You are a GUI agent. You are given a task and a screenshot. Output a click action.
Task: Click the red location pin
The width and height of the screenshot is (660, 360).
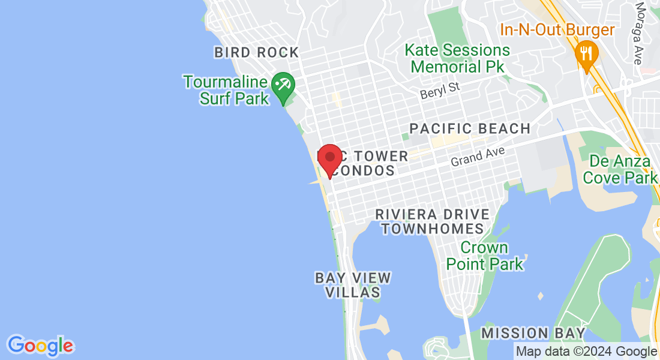329,158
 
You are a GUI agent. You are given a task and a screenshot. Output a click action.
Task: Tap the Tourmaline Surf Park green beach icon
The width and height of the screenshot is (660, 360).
282,85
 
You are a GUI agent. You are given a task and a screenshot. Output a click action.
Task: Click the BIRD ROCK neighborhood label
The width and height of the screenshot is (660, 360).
256,53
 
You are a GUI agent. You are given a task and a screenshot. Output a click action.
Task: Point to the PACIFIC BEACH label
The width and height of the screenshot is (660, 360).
470,128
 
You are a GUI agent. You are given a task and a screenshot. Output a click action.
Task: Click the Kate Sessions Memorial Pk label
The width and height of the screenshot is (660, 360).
457,58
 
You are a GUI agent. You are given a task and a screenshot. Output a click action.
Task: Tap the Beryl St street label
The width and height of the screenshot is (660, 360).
440,91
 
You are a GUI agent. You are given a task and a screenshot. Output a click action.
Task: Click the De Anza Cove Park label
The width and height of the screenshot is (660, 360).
620,169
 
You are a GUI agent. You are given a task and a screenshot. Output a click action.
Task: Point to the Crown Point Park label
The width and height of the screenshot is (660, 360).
484,256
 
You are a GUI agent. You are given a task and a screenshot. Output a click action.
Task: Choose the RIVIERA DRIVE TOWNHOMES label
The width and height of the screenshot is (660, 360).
432,221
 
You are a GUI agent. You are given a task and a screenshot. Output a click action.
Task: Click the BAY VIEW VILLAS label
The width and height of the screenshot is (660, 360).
353,285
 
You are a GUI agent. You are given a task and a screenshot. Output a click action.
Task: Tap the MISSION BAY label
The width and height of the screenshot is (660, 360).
533,333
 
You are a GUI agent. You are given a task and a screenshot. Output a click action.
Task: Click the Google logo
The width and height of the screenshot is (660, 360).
40,345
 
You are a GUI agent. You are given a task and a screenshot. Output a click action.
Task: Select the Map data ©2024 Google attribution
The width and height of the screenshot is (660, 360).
586,352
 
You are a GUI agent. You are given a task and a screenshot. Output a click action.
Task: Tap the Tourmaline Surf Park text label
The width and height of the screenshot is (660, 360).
226,89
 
